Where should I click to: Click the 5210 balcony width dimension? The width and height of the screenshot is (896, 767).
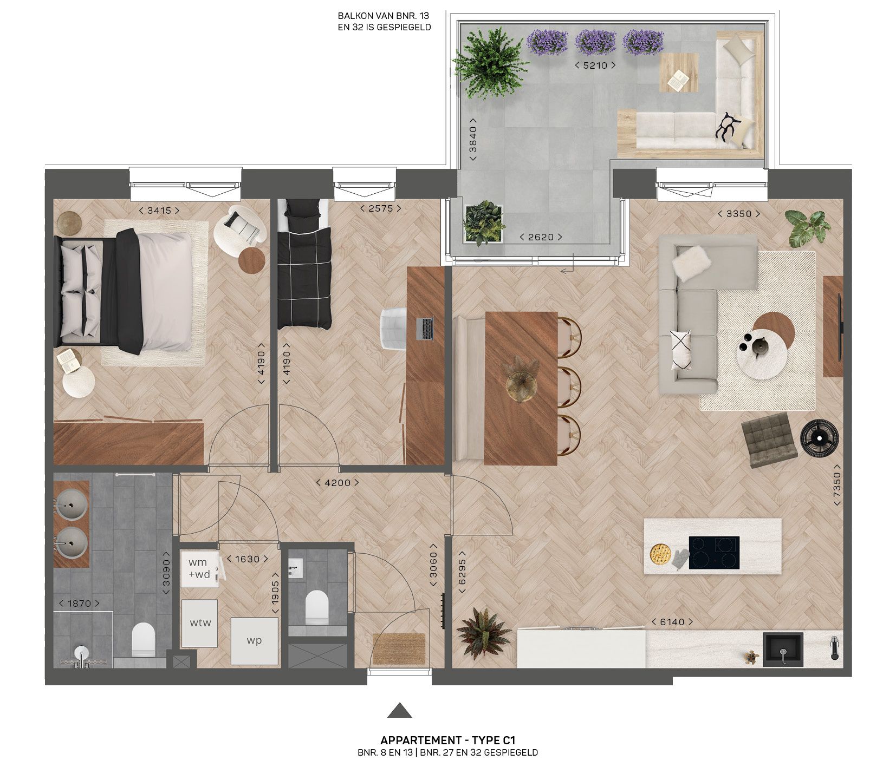click(595, 65)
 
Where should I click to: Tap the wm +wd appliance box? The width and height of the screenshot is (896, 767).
click(199, 569)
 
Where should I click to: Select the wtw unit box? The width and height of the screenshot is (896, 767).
click(199, 623)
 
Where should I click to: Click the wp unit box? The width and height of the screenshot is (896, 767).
click(254, 641)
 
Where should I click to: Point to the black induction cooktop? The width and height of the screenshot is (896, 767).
click(714, 552)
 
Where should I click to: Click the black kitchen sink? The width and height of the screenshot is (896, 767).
click(783, 649)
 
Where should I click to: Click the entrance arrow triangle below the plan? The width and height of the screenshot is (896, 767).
click(399, 711)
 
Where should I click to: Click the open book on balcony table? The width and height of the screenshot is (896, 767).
click(678, 81)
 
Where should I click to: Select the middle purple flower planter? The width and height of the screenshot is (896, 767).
click(595, 41)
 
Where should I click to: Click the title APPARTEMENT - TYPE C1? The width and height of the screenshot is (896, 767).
click(447, 740)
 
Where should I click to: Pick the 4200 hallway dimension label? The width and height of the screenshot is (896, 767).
click(337, 482)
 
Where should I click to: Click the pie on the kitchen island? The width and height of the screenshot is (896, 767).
click(660, 554)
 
